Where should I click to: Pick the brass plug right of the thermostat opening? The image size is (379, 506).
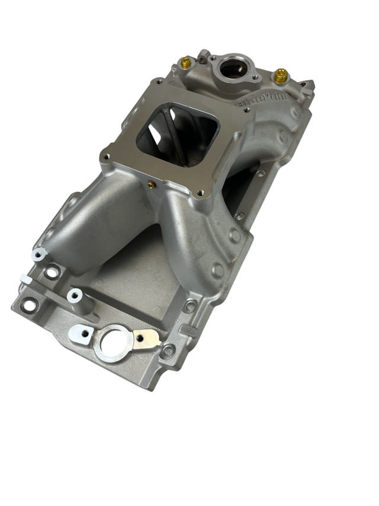click(x=281, y=75)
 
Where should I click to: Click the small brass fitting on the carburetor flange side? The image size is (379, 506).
click(x=152, y=184)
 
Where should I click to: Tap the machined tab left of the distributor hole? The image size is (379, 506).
click(x=81, y=333)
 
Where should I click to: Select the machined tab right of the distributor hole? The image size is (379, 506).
click(x=146, y=339)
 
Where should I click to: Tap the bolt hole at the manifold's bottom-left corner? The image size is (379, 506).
click(x=27, y=306)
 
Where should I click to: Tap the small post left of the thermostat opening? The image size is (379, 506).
click(x=203, y=56)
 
